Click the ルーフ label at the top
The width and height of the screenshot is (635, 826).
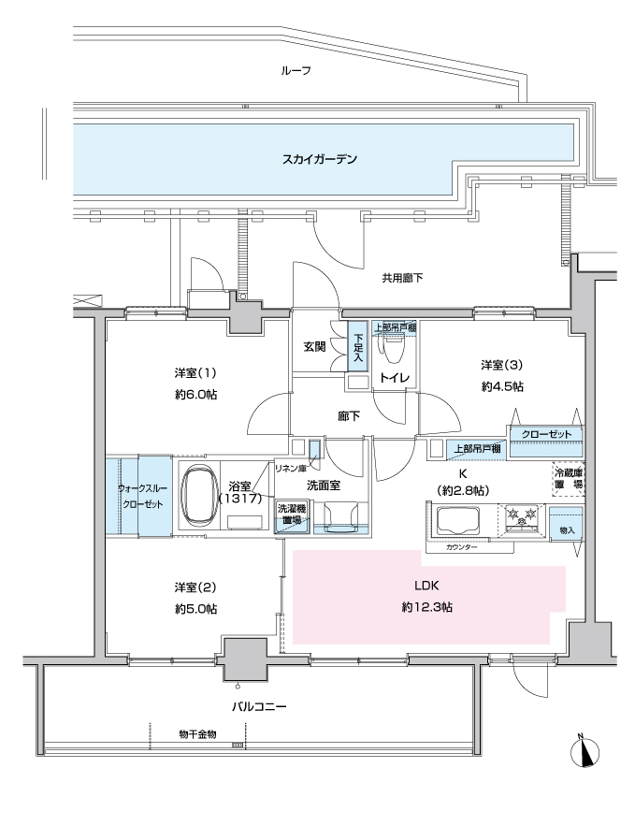tap(296, 70)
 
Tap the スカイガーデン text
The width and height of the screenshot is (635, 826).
tap(320, 159)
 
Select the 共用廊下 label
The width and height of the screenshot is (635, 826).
tap(402, 278)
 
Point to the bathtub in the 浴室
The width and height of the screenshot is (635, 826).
tap(199, 495)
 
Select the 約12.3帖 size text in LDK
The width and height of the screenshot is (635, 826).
tap(426, 607)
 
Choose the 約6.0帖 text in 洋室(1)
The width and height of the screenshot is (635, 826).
tap(195, 395)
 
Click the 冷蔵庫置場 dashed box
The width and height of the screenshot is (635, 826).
tap(568, 479)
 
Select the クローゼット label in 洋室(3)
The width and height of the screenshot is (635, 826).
tap(546, 435)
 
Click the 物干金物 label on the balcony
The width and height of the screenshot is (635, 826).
tap(197, 734)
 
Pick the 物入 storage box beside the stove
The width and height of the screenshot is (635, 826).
tap(567, 523)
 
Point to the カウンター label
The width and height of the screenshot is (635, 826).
tap(461, 547)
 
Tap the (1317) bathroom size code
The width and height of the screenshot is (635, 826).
tap(240, 498)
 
